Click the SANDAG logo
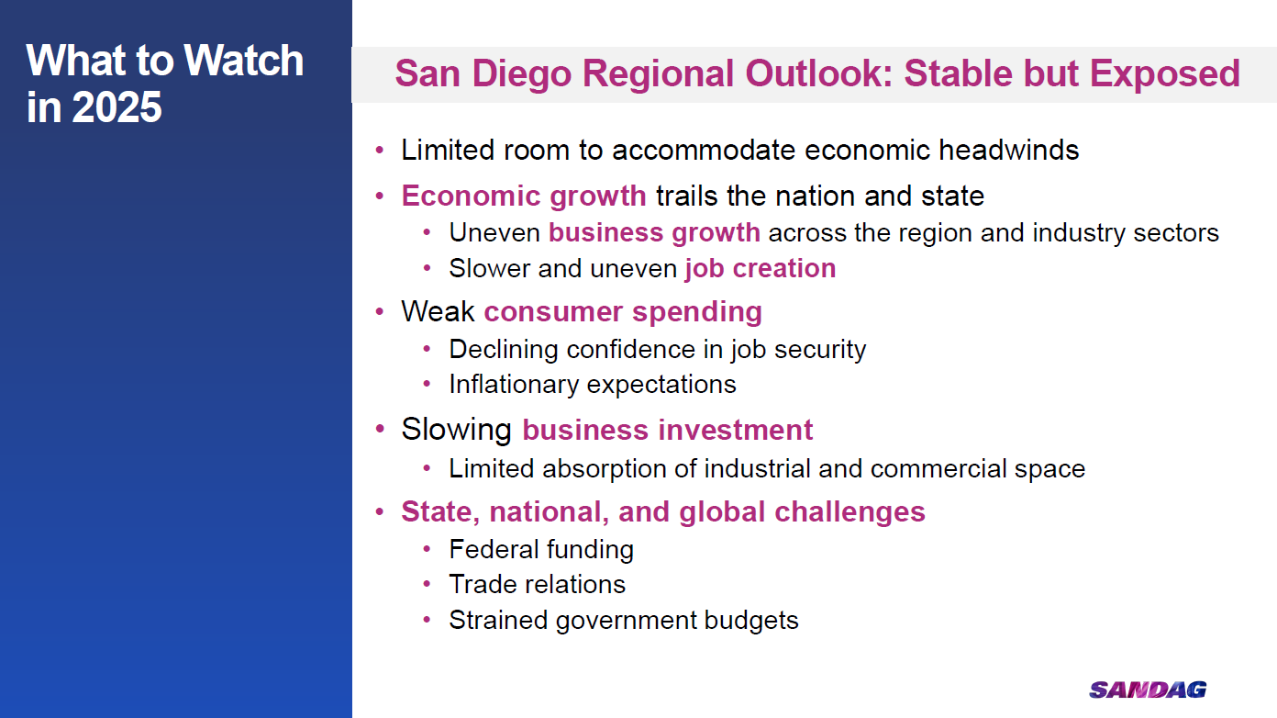pyautogui.click(x=1148, y=690)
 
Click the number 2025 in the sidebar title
pyautogui.click(x=117, y=107)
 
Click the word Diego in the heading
pyautogui.click(x=521, y=74)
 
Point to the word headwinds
pyautogui.click(x=1008, y=150)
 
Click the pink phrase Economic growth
pyautogui.click(x=523, y=196)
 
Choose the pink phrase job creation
pyautogui.click(x=760, y=269)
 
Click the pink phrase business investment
pyautogui.click(x=667, y=430)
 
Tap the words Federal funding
pyautogui.click(x=541, y=550)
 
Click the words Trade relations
pyautogui.click(x=537, y=585)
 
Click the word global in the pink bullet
pyautogui.click(x=722, y=512)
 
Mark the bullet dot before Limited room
pyautogui.click(x=380, y=151)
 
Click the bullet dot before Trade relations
pyautogui.click(x=427, y=585)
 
